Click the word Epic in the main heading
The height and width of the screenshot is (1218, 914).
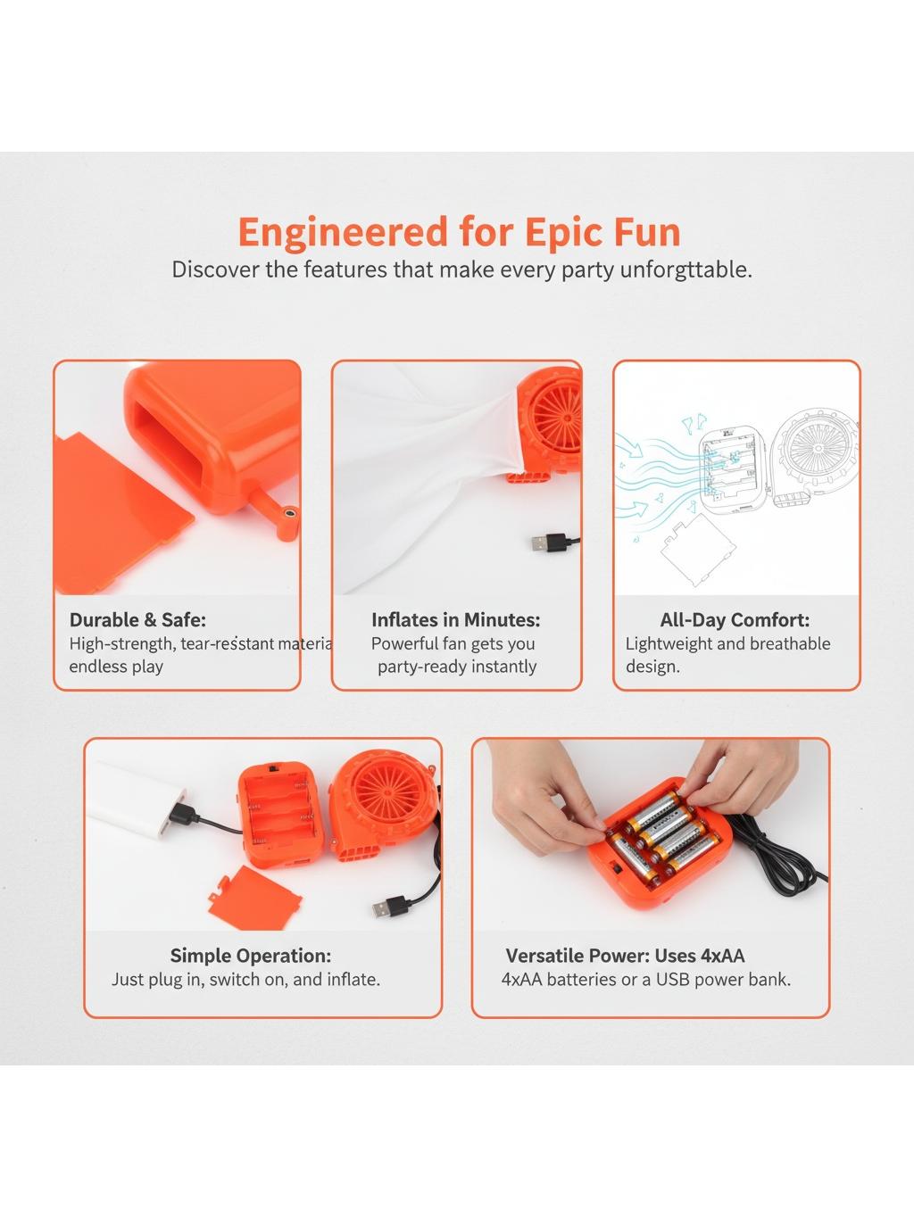[564, 233]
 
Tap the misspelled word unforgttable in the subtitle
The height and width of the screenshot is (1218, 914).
[685, 269]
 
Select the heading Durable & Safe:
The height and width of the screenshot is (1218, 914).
[137, 620]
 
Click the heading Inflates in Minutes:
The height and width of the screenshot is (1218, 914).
[455, 620]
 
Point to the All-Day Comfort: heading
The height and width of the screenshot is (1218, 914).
[735, 620]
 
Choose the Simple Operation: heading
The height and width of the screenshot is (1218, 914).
[251, 956]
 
